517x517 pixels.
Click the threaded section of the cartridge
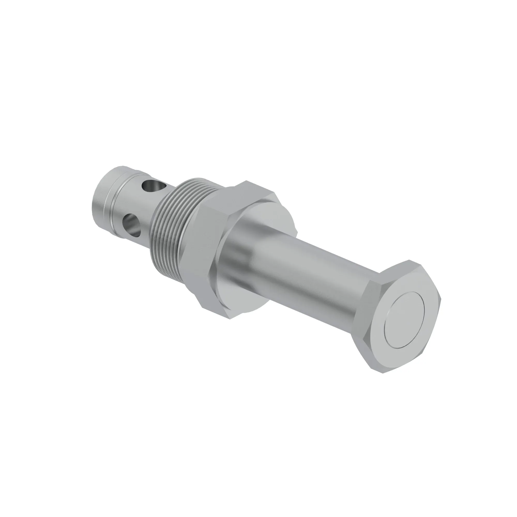click(x=171, y=225)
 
